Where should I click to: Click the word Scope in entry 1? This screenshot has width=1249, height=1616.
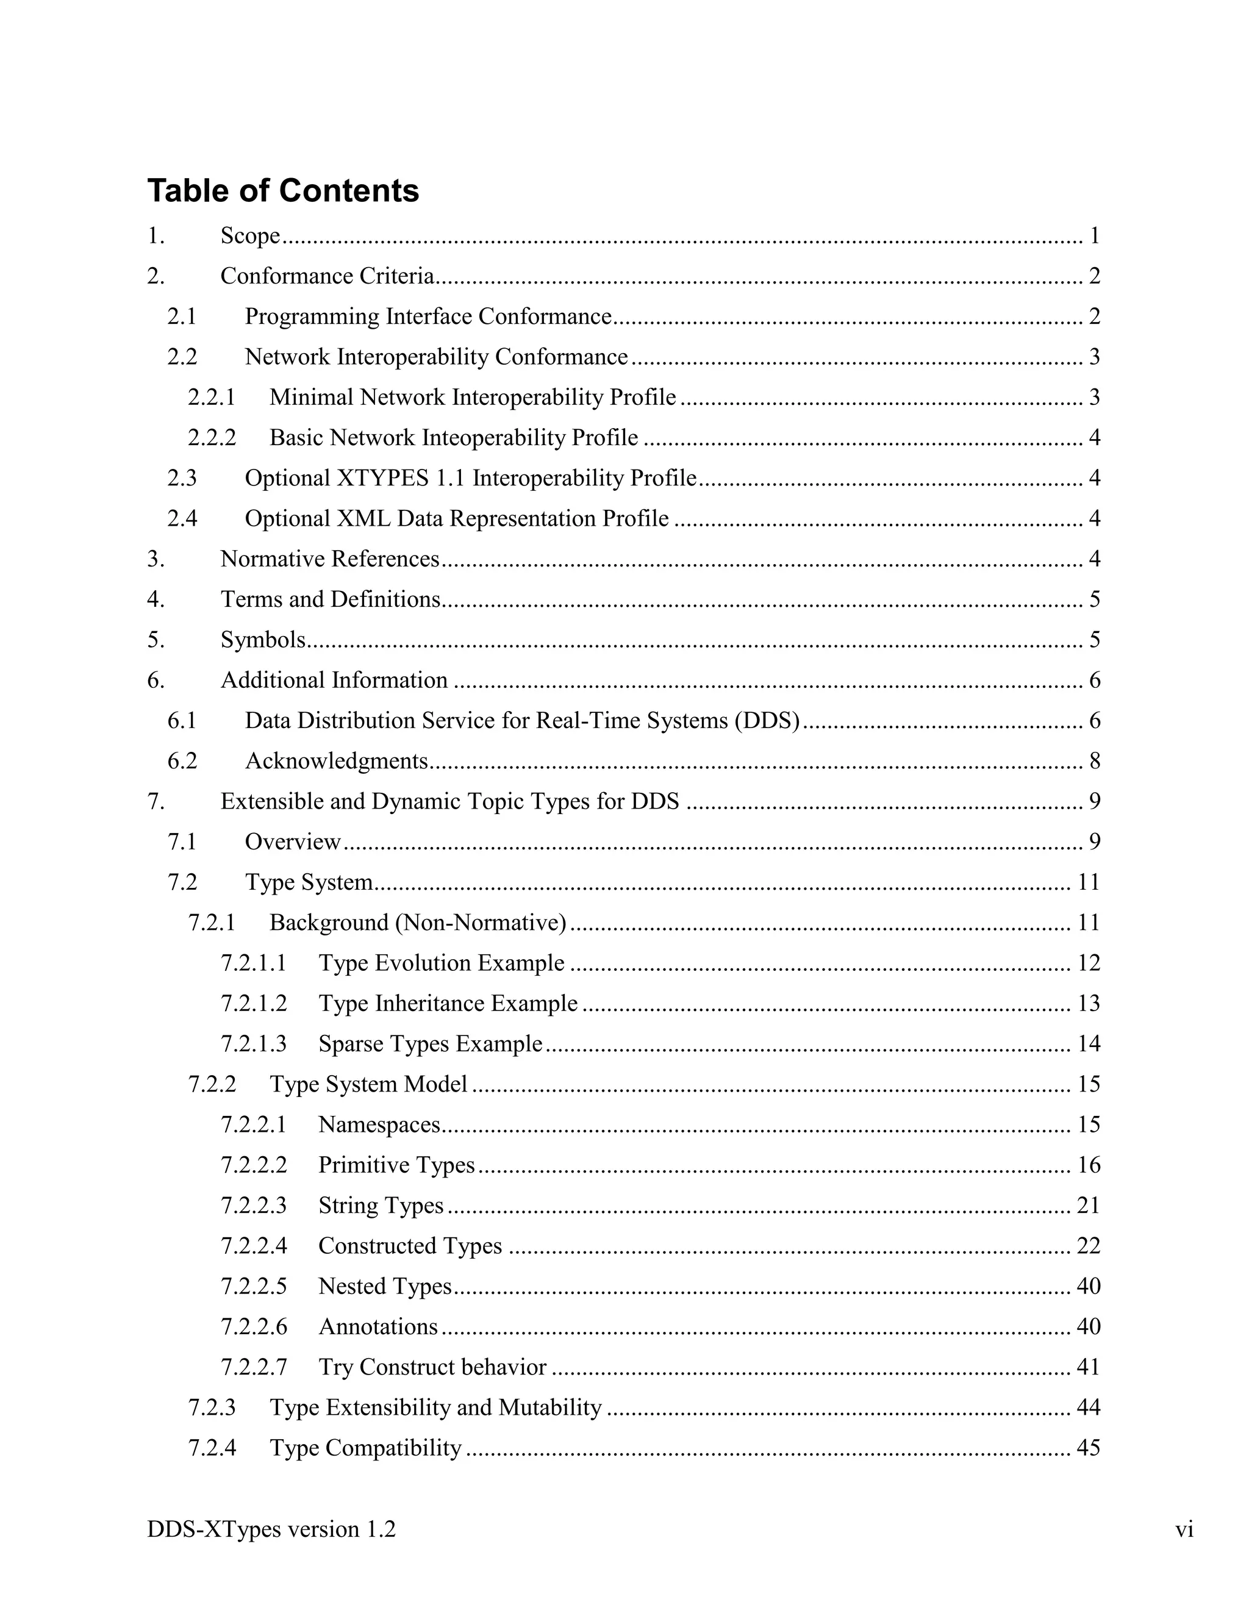click(x=250, y=236)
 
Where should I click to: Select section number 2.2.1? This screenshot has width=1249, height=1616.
click(x=212, y=398)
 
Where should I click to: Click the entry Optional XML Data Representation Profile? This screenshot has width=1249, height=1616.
click(x=457, y=519)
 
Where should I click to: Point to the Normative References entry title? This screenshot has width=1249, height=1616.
click(x=330, y=559)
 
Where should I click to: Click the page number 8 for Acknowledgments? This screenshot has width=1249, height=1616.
click(x=1094, y=762)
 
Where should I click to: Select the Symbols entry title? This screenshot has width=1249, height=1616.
click(x=263, y=640)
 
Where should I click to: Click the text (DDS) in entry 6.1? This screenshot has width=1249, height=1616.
click(x=767, y=721)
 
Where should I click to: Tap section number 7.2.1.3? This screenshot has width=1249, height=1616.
click(x=253, y=1044)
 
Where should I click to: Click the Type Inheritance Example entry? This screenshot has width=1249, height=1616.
click(x=448, y=1003)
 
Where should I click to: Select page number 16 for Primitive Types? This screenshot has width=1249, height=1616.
click(x=1089, y=1165)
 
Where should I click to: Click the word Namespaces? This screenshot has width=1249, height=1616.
click(x=379, y=1124)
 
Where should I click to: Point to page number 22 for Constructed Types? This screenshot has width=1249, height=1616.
click(x=1089, y=1246)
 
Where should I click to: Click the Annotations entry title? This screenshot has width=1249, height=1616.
click(x=378, y=1327)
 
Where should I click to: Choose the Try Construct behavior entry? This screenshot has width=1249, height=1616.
click(x=432, y=1367)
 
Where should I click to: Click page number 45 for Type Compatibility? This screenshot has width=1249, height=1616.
click(x=1089, y=1448)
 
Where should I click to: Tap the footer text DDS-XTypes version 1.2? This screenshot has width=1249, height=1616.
click(x=271, y=1529)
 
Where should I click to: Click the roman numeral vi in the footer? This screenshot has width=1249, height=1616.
click(x=1184, y=1529)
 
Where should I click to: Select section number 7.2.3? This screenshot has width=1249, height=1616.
click(x=212, y=1407)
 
